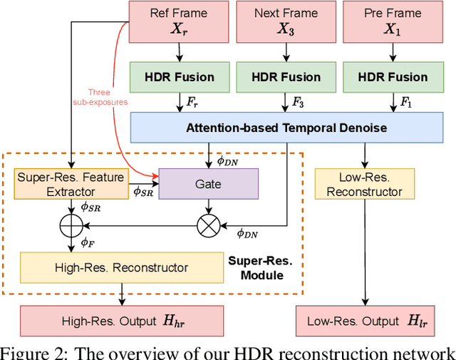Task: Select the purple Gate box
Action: (208, 184)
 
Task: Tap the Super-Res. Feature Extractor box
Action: (71, 184)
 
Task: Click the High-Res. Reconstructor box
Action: (122, 267)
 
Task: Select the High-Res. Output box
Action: (122, 320)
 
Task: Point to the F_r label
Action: (192, 103)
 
